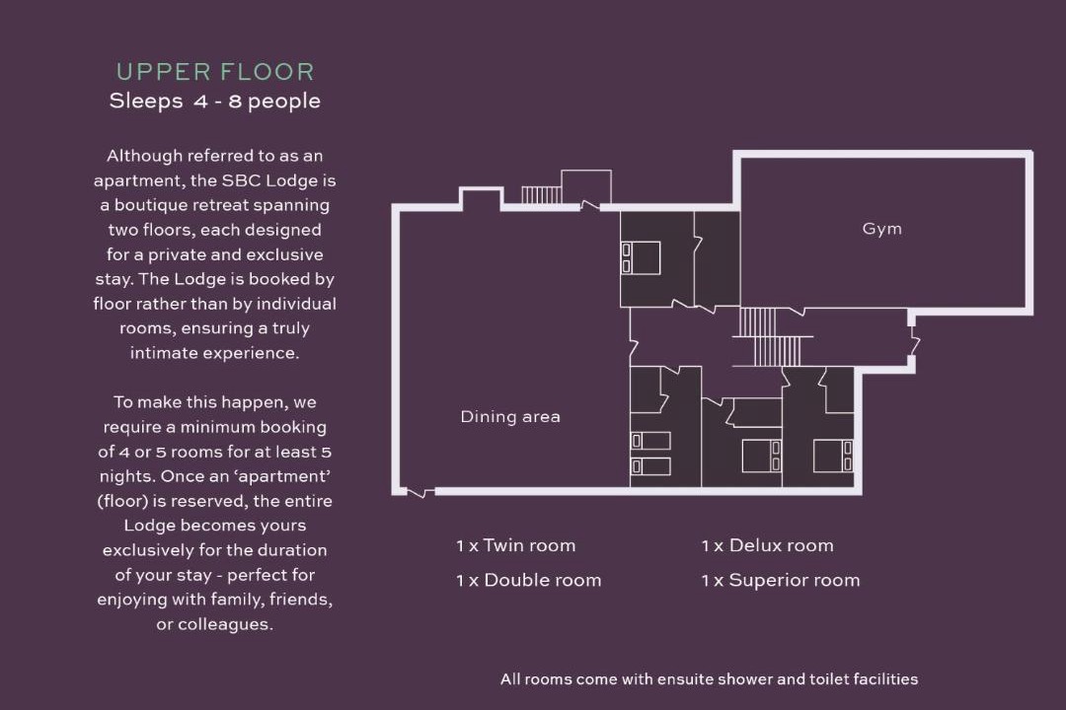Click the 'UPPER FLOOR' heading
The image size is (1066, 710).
point(215,72)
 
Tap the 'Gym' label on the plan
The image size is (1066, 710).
point(881,229)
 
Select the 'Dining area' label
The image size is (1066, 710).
point(510,416)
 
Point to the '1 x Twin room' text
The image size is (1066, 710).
point(515,545)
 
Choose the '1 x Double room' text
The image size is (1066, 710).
point(528,580)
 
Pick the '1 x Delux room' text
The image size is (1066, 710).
point(768,545)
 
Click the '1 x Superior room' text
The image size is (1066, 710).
point(781,580)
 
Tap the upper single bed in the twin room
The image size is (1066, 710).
point(650,441)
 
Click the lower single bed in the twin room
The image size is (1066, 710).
point(650,466)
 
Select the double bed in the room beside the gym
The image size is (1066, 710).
point(641,258)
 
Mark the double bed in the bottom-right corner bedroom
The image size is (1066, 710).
point(833,456)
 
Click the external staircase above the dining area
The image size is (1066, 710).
point(541,195)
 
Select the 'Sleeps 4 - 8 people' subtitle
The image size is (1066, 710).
point(215,102)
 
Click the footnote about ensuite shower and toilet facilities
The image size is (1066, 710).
point(709,678)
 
